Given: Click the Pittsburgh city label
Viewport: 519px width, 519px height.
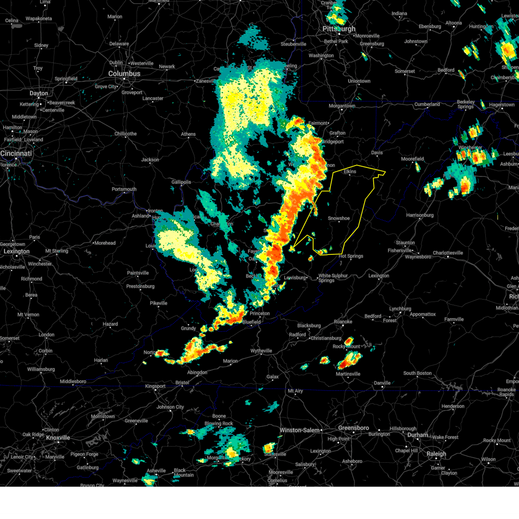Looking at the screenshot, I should (339, 29).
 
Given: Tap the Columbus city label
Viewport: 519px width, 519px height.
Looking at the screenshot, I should (124, 74).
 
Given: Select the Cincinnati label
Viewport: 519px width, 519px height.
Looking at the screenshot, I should (16, 154).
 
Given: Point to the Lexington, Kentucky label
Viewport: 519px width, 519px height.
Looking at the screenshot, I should (16, 251).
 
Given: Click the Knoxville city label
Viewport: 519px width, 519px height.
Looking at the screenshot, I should (58, 438).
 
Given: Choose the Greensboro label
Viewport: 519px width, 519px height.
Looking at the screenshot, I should (353, 428).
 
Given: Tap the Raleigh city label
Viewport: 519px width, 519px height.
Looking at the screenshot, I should (436, 454).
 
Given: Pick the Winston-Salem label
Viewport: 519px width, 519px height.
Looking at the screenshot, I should (299, 430).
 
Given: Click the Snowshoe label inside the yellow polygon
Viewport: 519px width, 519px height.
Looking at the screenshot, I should (339, 218).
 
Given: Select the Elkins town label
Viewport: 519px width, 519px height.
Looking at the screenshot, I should (350, 172).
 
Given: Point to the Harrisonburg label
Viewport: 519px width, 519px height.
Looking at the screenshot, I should (420, 215).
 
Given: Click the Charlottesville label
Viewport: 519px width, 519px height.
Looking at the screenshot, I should (448, 253).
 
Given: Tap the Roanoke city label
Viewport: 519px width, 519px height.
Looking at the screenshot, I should (343, 322).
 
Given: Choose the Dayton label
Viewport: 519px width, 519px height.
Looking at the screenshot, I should (38, 93).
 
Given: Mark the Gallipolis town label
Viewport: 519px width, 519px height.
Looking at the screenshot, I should (181, 182).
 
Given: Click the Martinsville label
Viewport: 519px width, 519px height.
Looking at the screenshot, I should (348, 374).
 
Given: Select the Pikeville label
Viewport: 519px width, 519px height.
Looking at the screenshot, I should (159, 303).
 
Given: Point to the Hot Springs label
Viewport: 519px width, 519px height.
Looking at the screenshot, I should (351, 256).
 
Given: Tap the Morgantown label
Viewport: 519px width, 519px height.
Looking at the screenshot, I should (342, 106).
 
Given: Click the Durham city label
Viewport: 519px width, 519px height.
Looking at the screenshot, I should (418, 435).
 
